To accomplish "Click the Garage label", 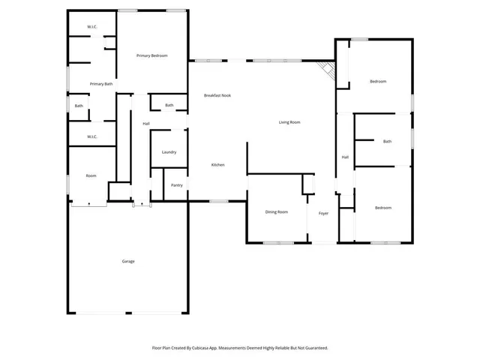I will coord(128,261).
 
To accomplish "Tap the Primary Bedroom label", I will coord(151,56).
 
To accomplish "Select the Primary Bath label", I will coord(101,84).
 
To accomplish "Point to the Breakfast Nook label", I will coord(217,96).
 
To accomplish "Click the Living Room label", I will coord(289,122).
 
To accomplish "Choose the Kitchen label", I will coord(217,165).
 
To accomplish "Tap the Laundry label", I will coord(169,152).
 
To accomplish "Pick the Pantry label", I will coord(177,185).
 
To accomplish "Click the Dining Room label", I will coord(277,212).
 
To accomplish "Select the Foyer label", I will coord(323,214).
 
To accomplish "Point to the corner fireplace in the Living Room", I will coord(327,70).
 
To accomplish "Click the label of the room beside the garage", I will coord(91,175).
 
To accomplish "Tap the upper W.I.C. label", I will coord(91,27).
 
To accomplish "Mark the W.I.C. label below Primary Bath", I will coord(91,136).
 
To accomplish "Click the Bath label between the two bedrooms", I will coord(387,142).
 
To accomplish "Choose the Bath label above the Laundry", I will coord(169,105).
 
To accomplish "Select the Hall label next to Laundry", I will coord(146,124).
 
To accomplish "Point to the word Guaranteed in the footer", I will coord(313,348).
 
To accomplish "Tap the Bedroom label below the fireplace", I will coord(378,82).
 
